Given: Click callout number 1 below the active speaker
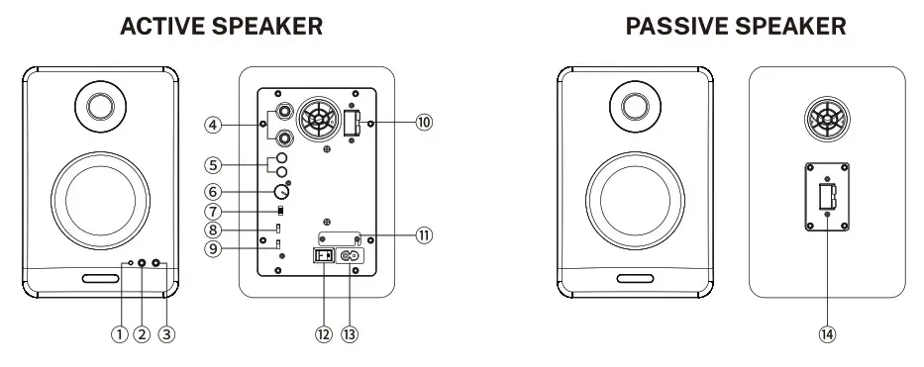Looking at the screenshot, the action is tap(120, 334).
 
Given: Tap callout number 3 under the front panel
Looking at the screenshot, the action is tap(166, 334).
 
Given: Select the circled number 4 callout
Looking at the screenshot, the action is tap(213, 125).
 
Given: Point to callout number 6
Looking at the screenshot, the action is tap(213, 192).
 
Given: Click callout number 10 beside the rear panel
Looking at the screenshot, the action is tap(424, 123).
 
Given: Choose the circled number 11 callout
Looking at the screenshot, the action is tap(424, 235).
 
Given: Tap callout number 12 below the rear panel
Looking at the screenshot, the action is tap(323, 334).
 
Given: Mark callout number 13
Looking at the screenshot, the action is tap(350, 334).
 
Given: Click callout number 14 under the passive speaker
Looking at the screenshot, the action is tap(827, 334).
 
